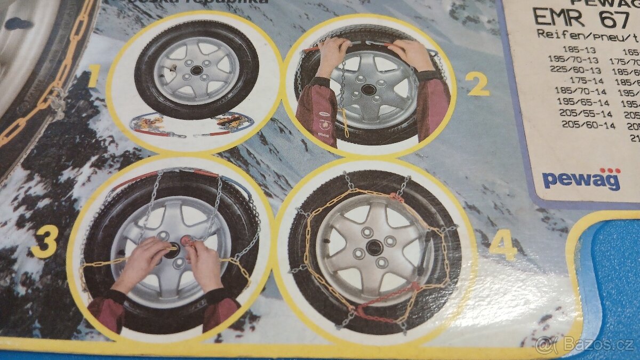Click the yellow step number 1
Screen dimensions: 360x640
click(92, 78)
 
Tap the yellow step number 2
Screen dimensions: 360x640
click(477, 84)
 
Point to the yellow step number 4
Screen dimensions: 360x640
click(502, 246)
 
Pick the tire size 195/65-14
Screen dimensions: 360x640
click(583, 102)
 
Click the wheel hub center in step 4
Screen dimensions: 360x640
click(374, 247)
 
